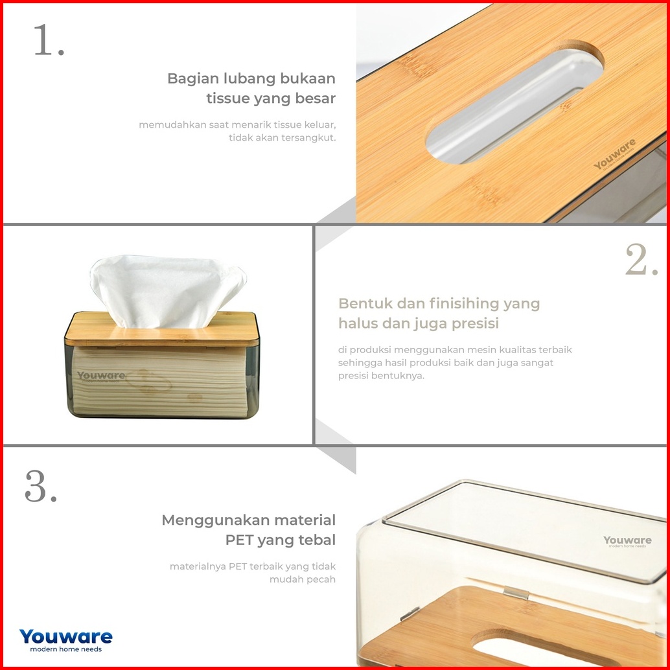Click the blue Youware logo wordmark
click(66, 636)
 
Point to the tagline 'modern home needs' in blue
click(66, 649)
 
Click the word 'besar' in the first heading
click(316, 98)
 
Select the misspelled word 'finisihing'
click(463, 304)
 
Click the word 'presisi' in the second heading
click(475, 324)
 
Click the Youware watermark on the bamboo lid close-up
click(614, 155)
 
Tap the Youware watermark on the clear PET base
click(627, 541)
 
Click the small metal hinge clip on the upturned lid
click(516, 593)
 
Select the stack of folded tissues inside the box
click(160, 381)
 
